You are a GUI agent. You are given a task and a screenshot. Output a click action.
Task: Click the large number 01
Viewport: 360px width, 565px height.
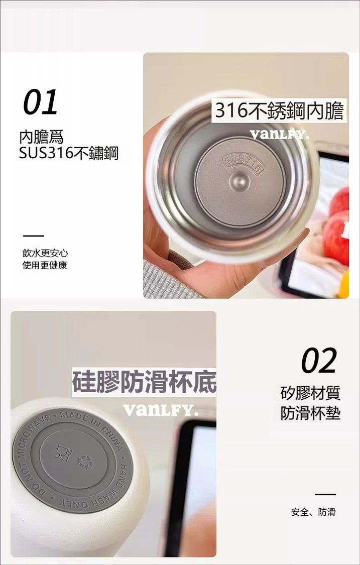coord(40,102)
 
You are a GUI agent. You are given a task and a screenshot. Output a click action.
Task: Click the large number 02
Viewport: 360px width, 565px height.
coord(319,360)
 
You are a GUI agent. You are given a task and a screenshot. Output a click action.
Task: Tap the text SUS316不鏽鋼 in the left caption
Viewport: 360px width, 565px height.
coord(68,154)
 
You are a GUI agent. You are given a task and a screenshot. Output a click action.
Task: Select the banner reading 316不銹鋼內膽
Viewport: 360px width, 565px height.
coord(279,110)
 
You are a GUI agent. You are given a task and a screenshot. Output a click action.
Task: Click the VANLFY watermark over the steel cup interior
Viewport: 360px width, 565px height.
coord(279,135)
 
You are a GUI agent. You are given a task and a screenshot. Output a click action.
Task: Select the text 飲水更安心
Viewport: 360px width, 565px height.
coord(45,253)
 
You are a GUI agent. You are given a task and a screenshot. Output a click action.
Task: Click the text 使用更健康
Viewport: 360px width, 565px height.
coord(45,266)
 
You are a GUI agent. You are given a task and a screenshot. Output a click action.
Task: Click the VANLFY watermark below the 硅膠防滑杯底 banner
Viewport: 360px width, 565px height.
coord(160,409)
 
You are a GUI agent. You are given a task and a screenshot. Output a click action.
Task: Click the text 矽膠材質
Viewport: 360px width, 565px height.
coord(310,393)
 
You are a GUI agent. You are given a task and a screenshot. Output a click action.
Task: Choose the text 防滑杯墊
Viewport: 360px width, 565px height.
coord(310,413)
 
